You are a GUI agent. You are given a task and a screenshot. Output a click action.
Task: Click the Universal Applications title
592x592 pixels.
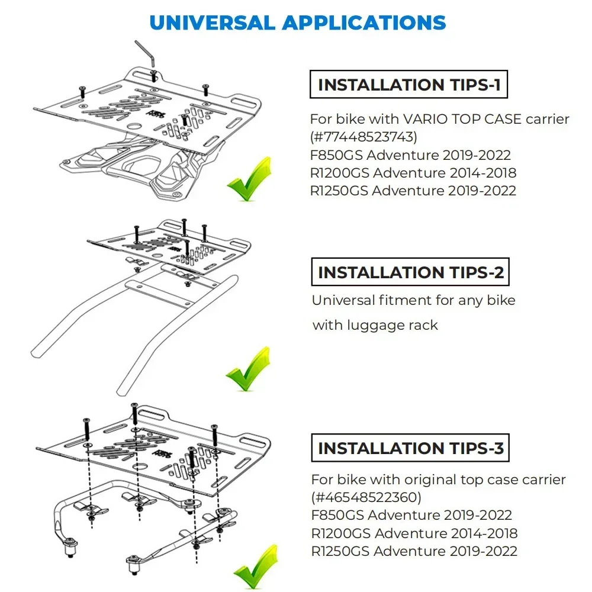click(298, 23)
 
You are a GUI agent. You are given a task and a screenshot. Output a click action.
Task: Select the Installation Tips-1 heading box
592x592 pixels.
click(408, 84)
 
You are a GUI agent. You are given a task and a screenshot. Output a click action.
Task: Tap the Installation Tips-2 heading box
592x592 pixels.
click(410, 272)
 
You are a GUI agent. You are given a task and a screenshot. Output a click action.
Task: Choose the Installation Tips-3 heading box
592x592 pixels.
click(410, 448)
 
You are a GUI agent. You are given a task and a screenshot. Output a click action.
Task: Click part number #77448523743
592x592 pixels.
click(363, 137)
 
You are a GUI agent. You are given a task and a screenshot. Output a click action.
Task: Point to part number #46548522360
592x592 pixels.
click(366, 498)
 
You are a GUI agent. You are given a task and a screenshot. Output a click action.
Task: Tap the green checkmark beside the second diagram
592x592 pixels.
click(249, 369)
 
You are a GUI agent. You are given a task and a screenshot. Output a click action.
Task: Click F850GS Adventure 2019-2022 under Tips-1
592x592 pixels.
click(410, 155)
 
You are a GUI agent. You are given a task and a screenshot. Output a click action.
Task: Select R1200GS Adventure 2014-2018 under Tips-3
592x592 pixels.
click(414, 533)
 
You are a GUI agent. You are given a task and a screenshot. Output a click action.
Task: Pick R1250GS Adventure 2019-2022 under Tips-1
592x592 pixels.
click(413, 191)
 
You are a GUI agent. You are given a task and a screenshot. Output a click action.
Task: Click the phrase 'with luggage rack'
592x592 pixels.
click(375, 325)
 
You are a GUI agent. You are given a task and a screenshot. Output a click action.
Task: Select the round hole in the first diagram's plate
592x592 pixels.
click(134, 126)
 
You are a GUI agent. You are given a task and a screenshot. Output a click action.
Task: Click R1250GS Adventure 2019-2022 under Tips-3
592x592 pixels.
click(414, 551)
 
